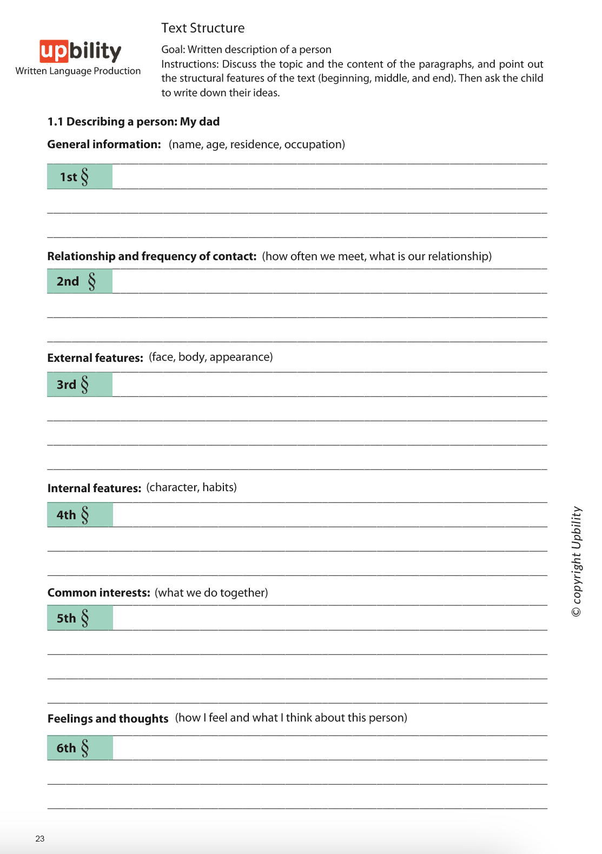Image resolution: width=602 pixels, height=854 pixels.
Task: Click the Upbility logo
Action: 80,51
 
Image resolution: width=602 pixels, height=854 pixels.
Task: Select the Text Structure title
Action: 203,28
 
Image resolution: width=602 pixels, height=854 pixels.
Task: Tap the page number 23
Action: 40,839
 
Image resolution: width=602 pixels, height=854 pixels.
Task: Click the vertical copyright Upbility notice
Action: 577,561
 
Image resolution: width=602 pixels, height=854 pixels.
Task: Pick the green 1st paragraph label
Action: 80,177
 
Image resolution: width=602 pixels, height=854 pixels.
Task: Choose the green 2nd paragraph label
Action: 80,281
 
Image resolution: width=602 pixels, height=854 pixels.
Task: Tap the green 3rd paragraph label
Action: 80,385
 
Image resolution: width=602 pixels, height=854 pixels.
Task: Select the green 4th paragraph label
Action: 80,515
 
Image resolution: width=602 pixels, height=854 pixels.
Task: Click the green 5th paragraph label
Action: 80,618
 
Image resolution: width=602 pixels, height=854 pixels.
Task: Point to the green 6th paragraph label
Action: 80,748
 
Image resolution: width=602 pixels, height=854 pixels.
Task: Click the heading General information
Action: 104,144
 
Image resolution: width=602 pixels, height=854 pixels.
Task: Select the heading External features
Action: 95,358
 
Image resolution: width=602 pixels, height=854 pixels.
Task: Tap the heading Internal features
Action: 94,488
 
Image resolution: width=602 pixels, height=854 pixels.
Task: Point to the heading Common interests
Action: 98,593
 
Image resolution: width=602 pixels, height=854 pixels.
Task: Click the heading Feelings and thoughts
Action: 108,719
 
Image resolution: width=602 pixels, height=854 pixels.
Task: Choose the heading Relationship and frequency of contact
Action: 151,256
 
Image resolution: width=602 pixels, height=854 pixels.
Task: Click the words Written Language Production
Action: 78,71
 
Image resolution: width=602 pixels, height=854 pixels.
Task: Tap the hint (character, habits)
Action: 191,487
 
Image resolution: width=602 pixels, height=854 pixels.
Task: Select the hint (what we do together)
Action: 211,593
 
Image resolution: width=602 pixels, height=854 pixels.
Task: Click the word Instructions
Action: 189,64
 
